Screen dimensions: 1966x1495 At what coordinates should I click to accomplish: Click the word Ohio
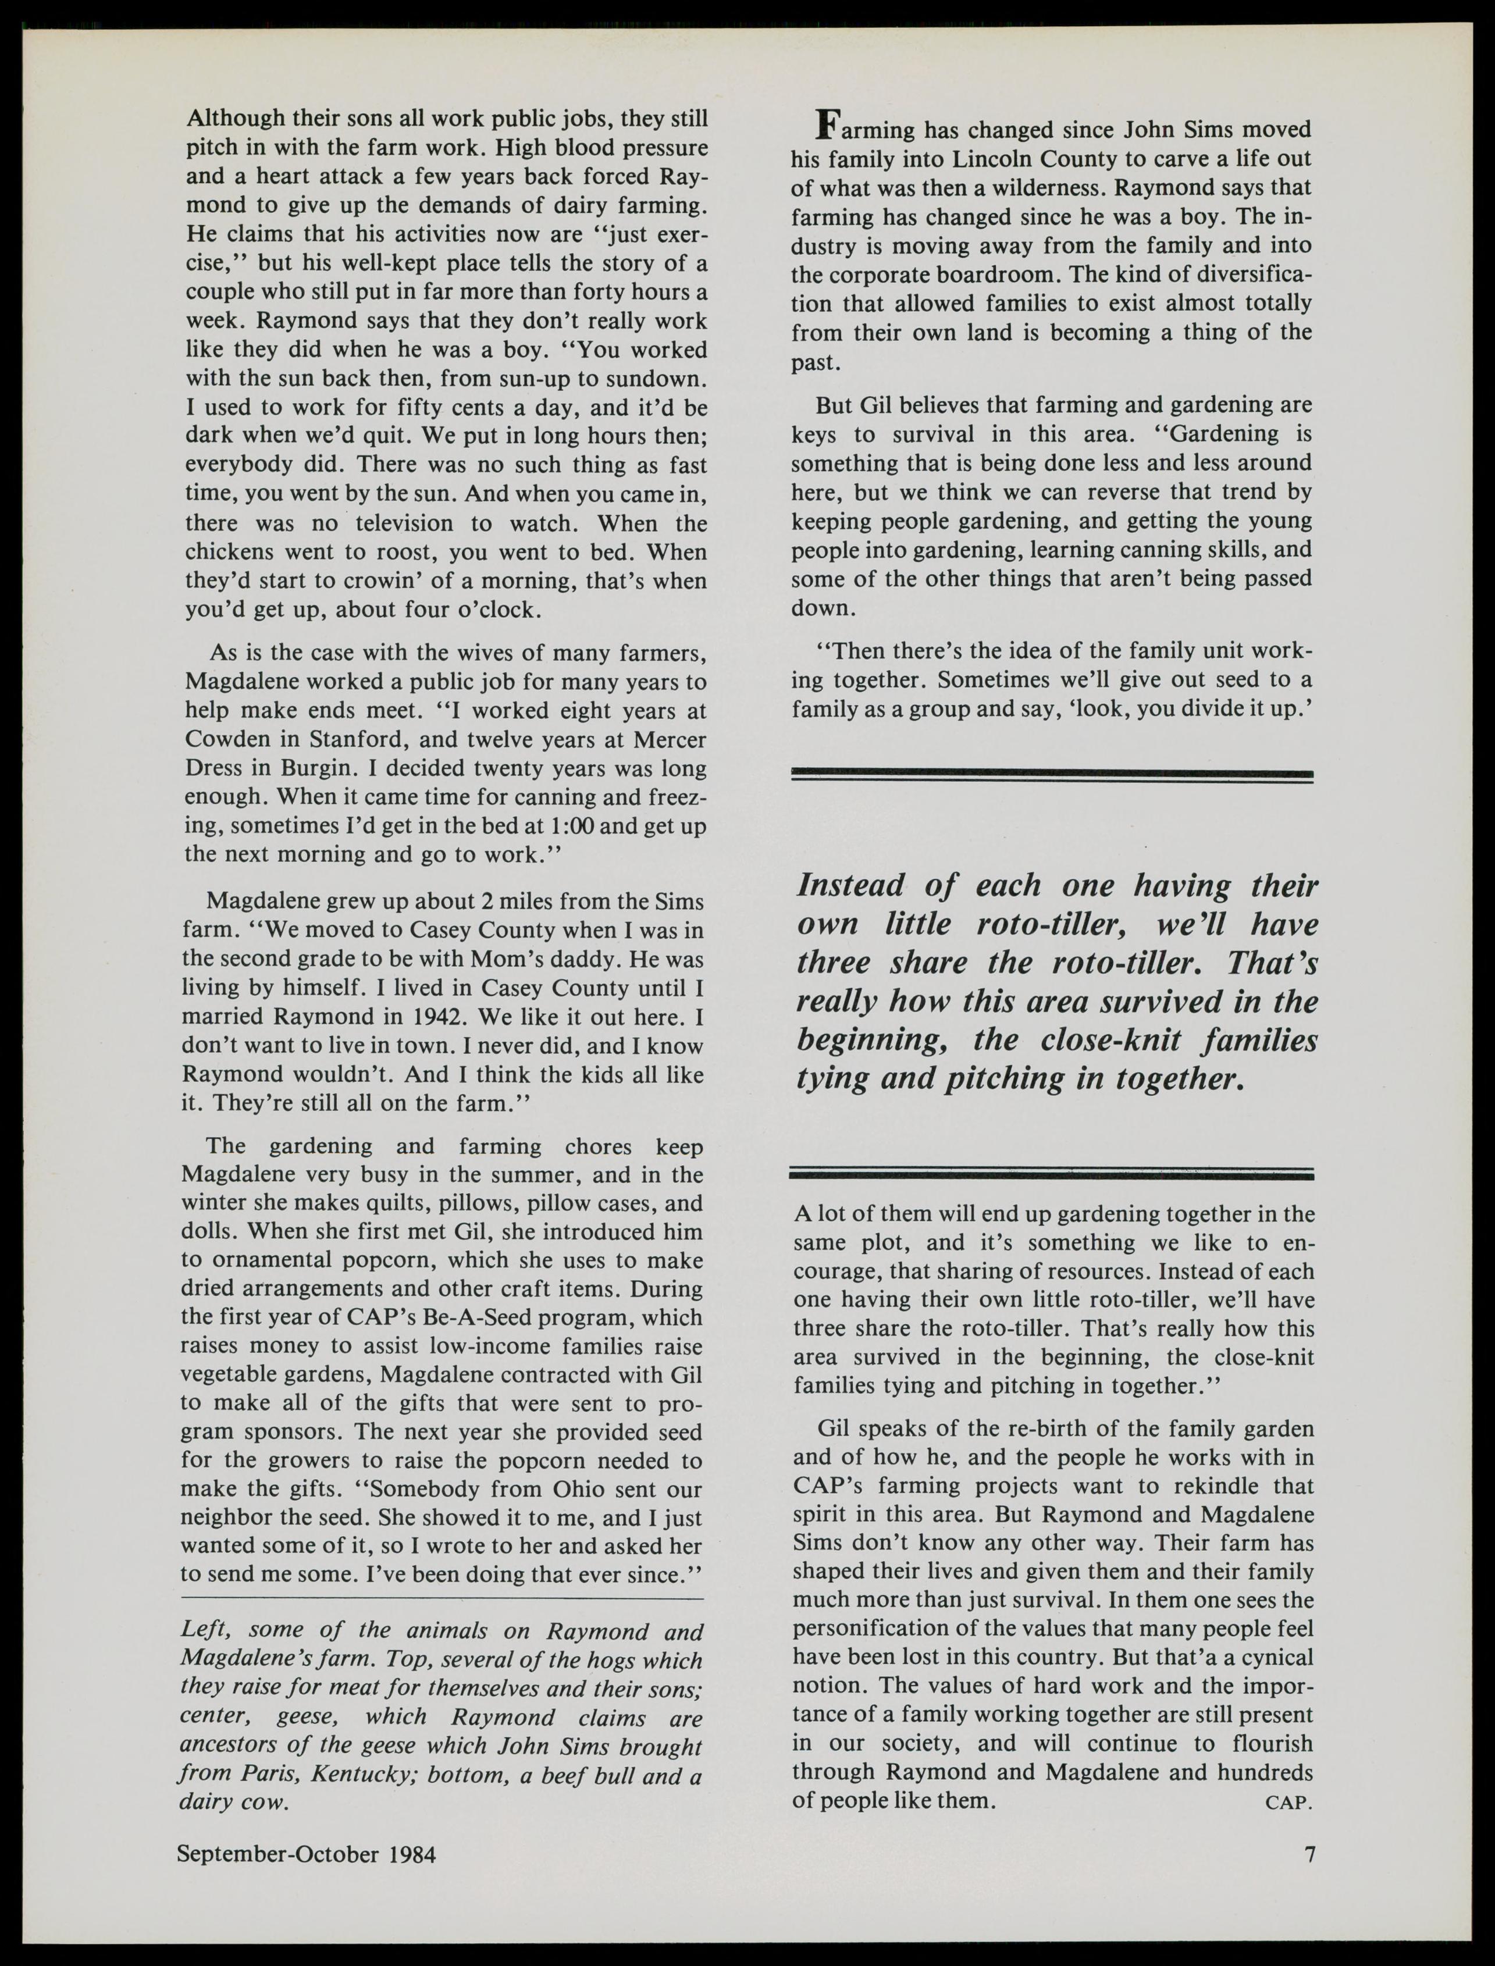tap(585, 1489)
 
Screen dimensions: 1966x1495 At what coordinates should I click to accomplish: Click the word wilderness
tap(1026, 188)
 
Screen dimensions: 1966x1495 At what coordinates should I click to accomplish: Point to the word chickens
tap(234, 553)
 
